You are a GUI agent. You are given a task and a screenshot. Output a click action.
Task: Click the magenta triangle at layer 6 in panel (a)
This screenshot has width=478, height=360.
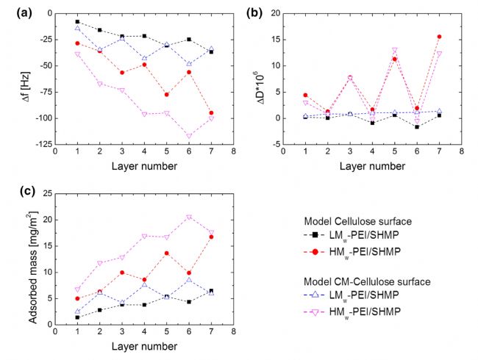(189, 136)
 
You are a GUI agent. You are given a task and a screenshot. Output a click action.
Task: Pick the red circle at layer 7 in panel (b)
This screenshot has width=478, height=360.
(439, 37)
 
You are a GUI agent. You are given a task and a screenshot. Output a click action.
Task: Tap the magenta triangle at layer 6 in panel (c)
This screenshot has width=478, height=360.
(189, 217)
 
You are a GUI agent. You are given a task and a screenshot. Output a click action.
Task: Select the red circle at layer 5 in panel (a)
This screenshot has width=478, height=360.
(167, 95)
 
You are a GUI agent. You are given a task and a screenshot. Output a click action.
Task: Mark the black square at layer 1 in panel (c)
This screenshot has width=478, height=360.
(77, 317)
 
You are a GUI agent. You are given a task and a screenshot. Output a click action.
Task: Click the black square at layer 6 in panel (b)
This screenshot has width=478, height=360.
(417, 127)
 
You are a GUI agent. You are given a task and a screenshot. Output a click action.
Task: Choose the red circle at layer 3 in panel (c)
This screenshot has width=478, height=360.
(122, 273)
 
